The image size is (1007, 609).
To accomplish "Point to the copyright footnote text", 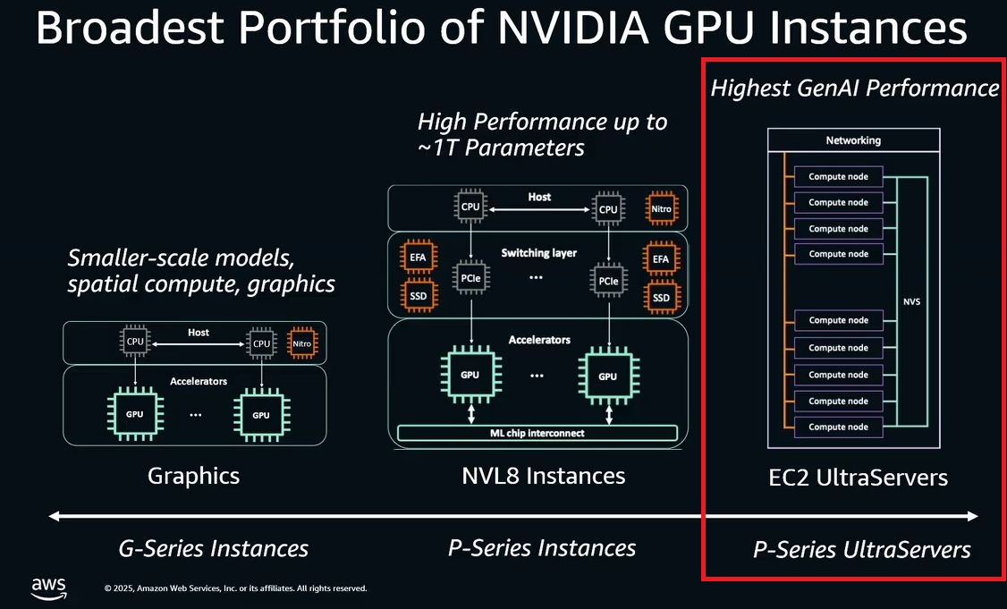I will point(235,588).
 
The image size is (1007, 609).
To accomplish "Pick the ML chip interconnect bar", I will point(537,434).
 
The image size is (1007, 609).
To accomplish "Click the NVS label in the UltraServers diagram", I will point(911,302).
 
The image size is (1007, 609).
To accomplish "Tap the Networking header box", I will point(852,140).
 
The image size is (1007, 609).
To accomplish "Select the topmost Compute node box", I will point(838,177).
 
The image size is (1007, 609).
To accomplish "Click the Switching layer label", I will point(539,253).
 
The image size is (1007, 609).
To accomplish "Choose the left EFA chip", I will point(418,259).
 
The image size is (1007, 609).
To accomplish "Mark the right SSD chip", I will point(661,298).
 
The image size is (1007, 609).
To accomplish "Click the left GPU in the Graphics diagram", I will point(134,415).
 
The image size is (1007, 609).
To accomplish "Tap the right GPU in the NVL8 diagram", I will point(607,376).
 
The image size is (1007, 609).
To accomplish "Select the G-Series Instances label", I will point(213,548).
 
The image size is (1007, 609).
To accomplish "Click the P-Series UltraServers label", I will point(862,549).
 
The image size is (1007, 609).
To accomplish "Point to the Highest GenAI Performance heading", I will point(854,88).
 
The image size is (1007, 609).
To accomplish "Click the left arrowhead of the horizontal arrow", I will point(55,516).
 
